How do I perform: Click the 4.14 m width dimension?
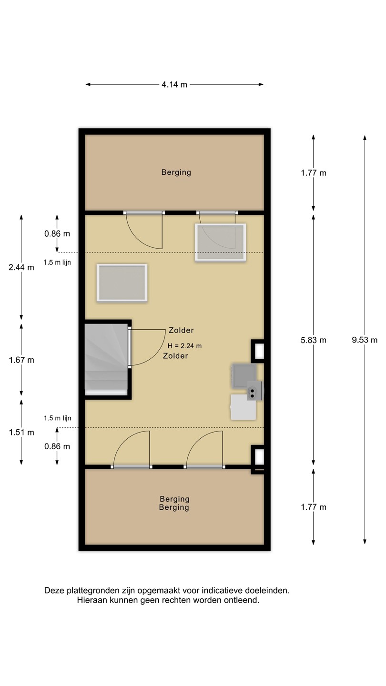point(174,84)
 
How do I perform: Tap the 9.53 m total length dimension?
point(365,340)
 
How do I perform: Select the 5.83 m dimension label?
point(314,340)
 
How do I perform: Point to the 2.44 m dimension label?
point(21,267)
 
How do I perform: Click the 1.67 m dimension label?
point(21,360)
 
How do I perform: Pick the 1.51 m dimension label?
point(21,433)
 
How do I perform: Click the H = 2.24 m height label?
point(184,346)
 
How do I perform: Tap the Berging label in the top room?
point(176,172)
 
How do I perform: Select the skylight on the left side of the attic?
point(122,283)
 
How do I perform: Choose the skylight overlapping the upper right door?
point(220,242)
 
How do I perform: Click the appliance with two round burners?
point(254,391)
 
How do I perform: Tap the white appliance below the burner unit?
point(243,407)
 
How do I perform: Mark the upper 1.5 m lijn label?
point(57,262)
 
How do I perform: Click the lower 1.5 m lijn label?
point(57,418)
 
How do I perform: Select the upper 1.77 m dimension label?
point(314,173)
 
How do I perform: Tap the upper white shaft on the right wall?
point(259,351)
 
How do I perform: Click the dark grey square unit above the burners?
point(244,376)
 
